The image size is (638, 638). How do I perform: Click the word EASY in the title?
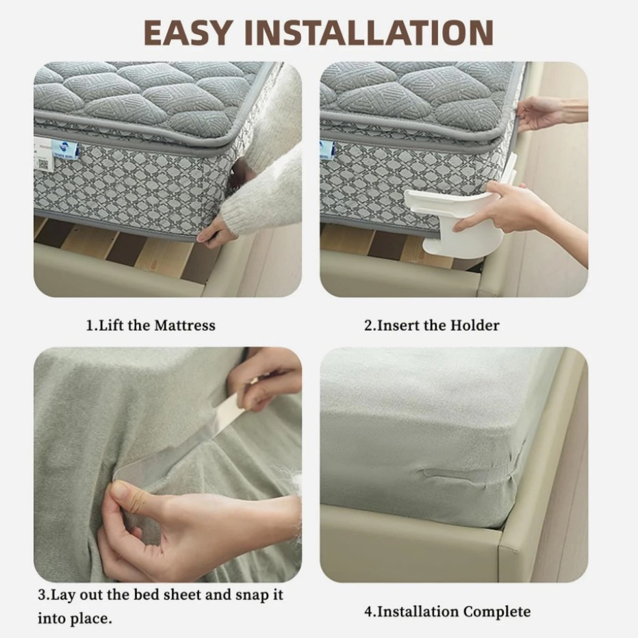pos(188,32)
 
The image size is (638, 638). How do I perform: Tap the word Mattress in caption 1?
pos(184,325)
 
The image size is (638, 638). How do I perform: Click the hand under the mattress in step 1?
pos(217,233)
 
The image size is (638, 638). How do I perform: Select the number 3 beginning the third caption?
pos(41,594)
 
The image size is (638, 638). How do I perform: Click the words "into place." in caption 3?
pos(74,619)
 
